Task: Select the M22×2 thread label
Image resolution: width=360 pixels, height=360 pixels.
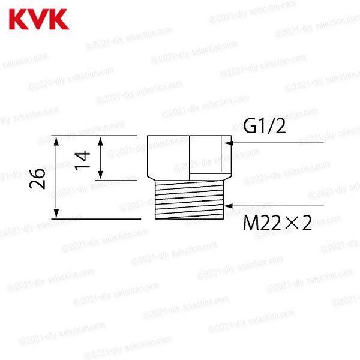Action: pos(278,224)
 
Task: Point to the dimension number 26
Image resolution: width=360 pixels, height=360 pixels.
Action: pos(40,178)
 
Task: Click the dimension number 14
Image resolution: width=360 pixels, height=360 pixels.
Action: pos(84,158)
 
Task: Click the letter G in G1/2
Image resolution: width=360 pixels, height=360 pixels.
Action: pos(249,127)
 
